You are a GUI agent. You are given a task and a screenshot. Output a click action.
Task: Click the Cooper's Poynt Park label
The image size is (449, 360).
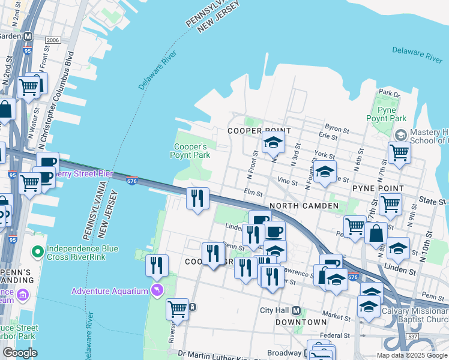pyautogui.click(x=191, y=151)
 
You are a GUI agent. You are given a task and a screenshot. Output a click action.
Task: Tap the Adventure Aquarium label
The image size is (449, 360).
pyautogui.click(x=109, y=291)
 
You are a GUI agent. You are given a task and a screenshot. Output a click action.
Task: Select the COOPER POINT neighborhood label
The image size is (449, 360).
pyautogui.click(x=259, y=131)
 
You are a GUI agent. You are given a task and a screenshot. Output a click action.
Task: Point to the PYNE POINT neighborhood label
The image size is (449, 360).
pyautogui.click(x=378, y=188)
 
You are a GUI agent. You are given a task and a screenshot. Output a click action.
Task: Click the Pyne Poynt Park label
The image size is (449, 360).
pyautogui.click(x=387, y=114)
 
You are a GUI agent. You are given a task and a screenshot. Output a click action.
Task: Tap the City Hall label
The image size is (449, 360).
pyautogui.click(x=274, y=310)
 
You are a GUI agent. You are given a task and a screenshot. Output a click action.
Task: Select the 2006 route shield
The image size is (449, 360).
pyautogui.click(x=53, y=40)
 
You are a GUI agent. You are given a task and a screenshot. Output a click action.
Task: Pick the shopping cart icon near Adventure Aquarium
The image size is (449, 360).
pyautogui.click(x=177, y=310)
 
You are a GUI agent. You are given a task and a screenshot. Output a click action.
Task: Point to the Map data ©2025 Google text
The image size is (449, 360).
pyautogui.click(x=412, y=355)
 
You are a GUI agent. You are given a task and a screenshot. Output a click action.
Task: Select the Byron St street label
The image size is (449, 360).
pyautogui.click(x=336, y=128)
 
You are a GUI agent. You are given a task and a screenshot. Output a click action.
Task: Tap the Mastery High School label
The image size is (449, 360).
pyautogui.click(x=429, y=137)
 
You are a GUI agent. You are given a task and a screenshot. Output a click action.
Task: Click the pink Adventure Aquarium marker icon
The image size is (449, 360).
pyautogui.click(x=157, y=290)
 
